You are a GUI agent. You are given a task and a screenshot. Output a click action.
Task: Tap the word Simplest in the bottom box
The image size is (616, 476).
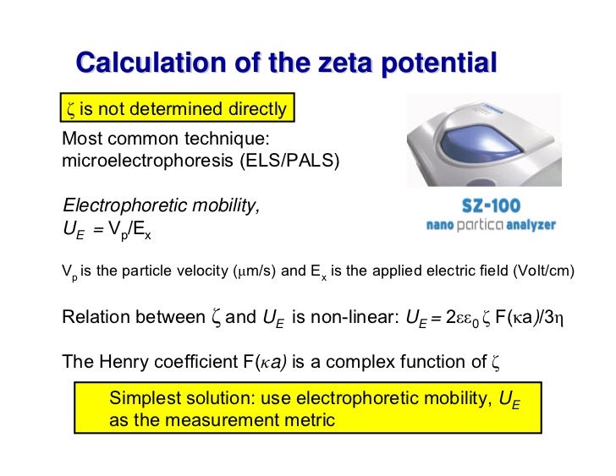click(x=146, y=399)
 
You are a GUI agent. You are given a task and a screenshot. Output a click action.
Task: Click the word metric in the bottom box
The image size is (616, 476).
click(x=311, y=420)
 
